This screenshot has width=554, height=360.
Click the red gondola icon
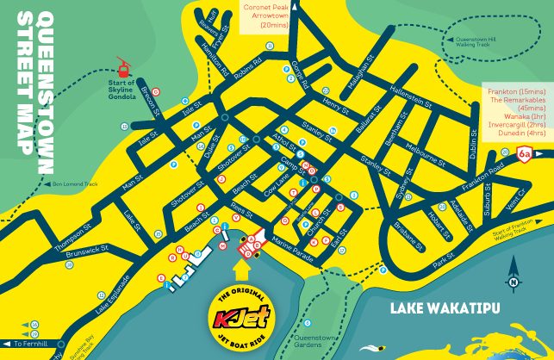[123, 65]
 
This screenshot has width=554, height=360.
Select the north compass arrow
[514, 281]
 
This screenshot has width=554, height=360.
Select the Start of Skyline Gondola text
[123, 89]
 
